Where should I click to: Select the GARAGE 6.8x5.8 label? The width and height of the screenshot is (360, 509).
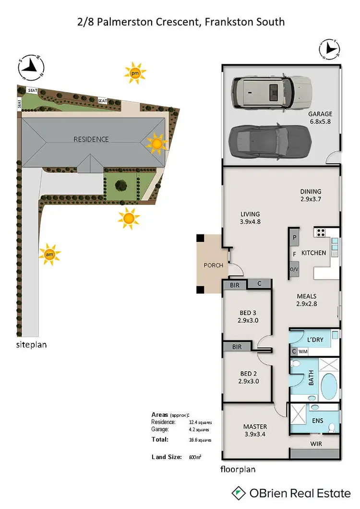coord(320,118)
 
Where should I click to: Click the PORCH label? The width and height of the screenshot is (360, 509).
coord(213,266)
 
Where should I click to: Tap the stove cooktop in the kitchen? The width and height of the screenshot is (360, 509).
coord(321,233)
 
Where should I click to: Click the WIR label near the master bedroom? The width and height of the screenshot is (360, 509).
coord(316,444)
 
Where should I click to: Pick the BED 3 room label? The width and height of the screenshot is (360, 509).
coord(249,317)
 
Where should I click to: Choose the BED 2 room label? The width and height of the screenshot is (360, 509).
coord(249,378)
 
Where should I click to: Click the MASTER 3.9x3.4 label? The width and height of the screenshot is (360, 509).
coord(255,430)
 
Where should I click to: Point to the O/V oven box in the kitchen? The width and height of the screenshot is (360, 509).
coord(294,270)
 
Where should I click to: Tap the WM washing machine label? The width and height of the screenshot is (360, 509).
coord(302,352)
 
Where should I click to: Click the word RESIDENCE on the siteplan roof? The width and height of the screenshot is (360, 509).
coord(91,139)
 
